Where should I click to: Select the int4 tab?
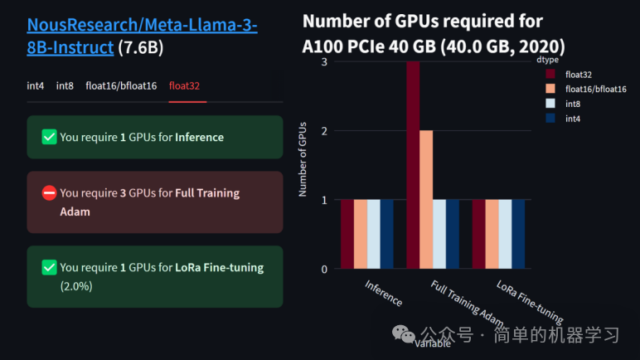(x=36, y=85)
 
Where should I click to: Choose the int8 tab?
(x=65, y=85)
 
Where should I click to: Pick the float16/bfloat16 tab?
(x=121, y=85)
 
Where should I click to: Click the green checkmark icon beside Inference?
(x=49, y=137)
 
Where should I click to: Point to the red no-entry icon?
(x=49, y=193)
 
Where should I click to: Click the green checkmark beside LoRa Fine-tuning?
(x=49, y=267)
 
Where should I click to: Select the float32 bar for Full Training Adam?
(x=413, y=166)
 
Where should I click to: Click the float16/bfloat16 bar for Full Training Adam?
(x=426, y=199)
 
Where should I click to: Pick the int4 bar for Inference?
(x=387, y=234)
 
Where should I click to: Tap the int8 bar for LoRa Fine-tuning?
(x=505, y=234)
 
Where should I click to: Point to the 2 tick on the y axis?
(x=323, y=131)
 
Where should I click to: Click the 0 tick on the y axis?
(x=323, y=269)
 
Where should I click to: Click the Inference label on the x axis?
(x=384, y=293)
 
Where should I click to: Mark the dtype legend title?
(x=546, y=60)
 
